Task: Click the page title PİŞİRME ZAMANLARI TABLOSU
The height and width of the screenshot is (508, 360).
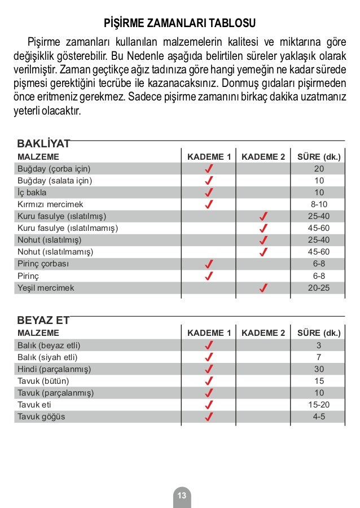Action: (180, 24)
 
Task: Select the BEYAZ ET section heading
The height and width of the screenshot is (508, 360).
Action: (43, 320)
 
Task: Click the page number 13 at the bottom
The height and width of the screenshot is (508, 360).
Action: (182, 496)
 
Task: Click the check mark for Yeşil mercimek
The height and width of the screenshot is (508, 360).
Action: (263, 288)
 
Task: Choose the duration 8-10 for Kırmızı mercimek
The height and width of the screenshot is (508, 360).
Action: (319, 204)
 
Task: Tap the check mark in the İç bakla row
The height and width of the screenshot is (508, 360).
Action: (209, 192)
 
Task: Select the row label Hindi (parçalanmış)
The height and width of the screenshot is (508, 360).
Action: (54, 369)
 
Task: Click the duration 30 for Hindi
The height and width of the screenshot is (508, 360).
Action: (319, 369)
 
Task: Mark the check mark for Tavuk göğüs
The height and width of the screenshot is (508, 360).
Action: (209, 417)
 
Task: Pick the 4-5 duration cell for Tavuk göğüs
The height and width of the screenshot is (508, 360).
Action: (319, 417)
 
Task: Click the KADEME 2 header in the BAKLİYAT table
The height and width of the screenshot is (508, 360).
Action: (263, 157)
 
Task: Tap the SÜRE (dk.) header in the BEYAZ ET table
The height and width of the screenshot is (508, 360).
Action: (319, 333)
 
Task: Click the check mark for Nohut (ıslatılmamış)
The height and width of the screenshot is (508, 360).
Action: (263, 252)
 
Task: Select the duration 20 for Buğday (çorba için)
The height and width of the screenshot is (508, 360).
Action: (319, 169)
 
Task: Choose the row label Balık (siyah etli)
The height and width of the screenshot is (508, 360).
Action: (47, 357)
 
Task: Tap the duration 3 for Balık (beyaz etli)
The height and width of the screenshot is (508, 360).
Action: (319, 345)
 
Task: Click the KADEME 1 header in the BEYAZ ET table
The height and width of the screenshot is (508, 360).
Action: (209, 333)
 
